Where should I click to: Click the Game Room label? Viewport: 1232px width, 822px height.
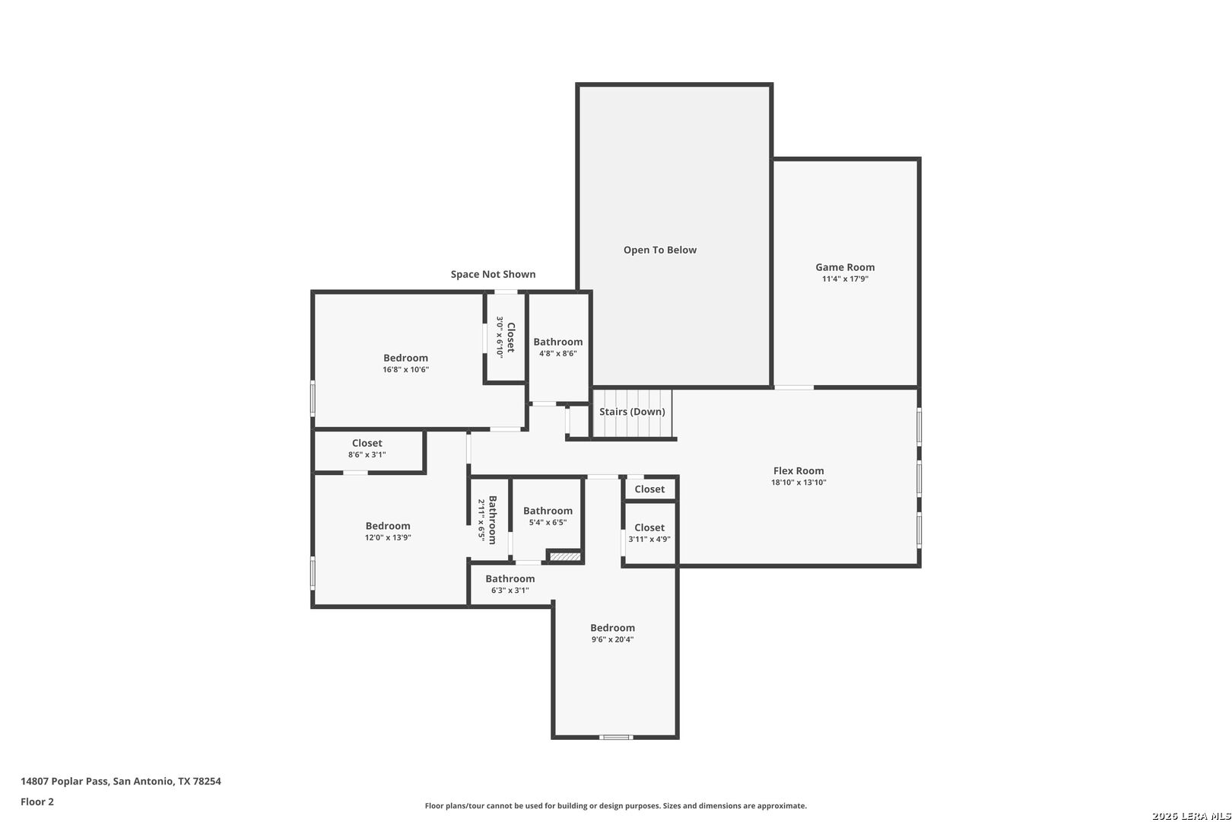click(x=845, y=267)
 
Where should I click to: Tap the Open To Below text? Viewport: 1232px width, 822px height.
click(x=660, y=250)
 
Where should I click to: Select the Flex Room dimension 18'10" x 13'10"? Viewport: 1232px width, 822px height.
click(x=799, y=483)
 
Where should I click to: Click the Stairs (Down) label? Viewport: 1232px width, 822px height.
click(x=632, y=412)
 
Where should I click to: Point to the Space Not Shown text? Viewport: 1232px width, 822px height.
click(x=493, y=274)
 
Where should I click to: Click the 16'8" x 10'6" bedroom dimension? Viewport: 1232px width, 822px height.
click(x=406, y=369)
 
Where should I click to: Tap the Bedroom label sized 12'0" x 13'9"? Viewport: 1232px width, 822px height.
click(x=388, y=526)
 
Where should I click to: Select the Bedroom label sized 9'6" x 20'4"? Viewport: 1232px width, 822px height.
click(x=613, y=628)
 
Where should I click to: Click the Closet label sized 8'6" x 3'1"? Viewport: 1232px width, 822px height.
click(x=367, y=443)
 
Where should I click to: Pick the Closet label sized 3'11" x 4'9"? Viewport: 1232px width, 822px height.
click(x=649, y=527)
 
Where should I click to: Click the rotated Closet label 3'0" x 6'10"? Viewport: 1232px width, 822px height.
click(x=511, y=337)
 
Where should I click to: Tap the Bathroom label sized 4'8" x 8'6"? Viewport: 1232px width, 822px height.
click(x=557, y=342)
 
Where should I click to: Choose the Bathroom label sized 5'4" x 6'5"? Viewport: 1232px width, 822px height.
click(x=548, y=511)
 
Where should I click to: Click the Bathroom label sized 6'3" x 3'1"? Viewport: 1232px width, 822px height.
click(x=510, y=578)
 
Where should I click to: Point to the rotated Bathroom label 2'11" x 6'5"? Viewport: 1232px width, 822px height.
click(x=493, y=520)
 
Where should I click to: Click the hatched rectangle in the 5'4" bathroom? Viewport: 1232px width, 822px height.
click(x=565, y=557)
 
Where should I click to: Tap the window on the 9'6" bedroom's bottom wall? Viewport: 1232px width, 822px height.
click(x=616, y=737)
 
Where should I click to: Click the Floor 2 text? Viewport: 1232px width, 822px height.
click(x=37, y=801)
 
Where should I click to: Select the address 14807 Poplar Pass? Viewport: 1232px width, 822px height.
click(x=65, y=781)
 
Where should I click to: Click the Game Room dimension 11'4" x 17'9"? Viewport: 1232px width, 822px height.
click(x=846, y=279)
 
